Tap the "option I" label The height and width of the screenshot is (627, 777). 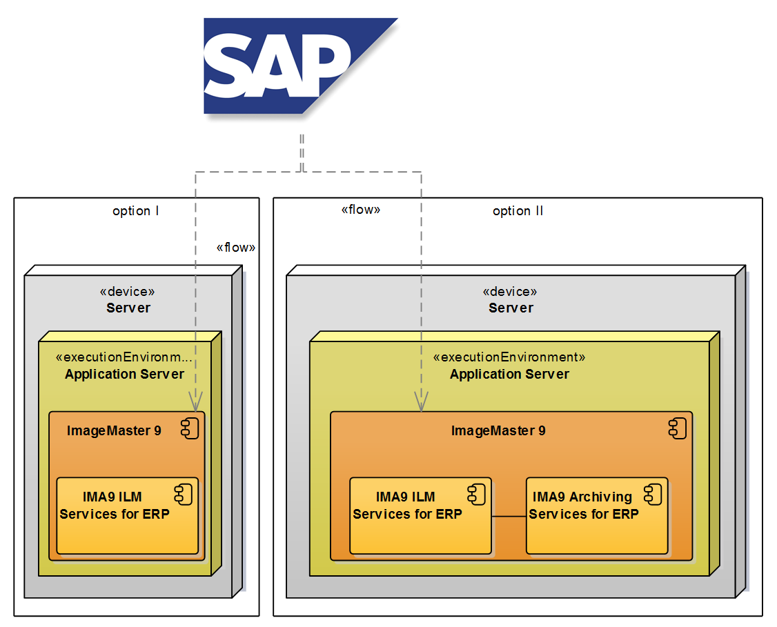point(136,211)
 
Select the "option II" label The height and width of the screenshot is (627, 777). point(518,211)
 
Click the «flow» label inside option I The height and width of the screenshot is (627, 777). point(235,248)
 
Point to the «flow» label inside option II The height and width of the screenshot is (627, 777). point(361,210)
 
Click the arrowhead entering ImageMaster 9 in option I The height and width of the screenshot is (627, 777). point(196,401)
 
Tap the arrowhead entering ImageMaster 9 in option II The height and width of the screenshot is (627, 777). point(421,401)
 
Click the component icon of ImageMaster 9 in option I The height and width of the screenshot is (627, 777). point(190,428)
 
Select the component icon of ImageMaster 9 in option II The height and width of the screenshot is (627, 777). point(677,428)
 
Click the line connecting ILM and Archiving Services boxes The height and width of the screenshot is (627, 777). point(509,516)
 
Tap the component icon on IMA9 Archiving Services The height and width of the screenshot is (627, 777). point(652,494)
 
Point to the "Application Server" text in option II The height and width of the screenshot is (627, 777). point(509,375)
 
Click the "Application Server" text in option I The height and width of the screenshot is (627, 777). point(124,375)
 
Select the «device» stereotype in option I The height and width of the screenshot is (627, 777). point(128,292)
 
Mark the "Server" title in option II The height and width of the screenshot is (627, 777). point(511,308)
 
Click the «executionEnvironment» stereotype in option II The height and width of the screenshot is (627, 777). point(509,357)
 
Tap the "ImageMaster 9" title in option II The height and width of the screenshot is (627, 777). point(498,431)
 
